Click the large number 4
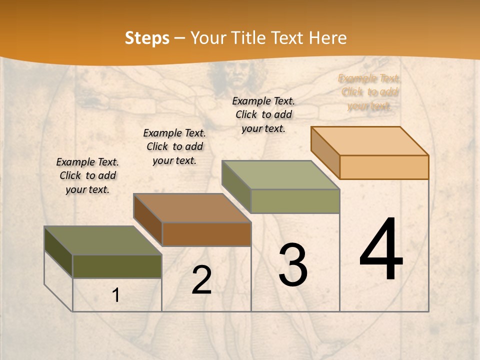coord(381,250)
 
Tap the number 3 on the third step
coord(293,265)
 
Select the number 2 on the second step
coord(201,280)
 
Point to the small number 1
coord(116,295)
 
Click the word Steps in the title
coord(147,38)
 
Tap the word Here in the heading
coord(327,38)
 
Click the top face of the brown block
coord(192,208)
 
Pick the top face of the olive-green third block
coord(281,175)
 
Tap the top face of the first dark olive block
coord(103,240)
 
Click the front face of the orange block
coord(384,167)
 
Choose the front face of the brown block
coord(206,234)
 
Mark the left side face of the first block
coord(58,252)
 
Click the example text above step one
coord(87,175)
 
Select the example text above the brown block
coord(174,146)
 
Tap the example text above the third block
coord(263,114)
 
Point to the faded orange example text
coord(369,92)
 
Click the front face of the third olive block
coord(295,201)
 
